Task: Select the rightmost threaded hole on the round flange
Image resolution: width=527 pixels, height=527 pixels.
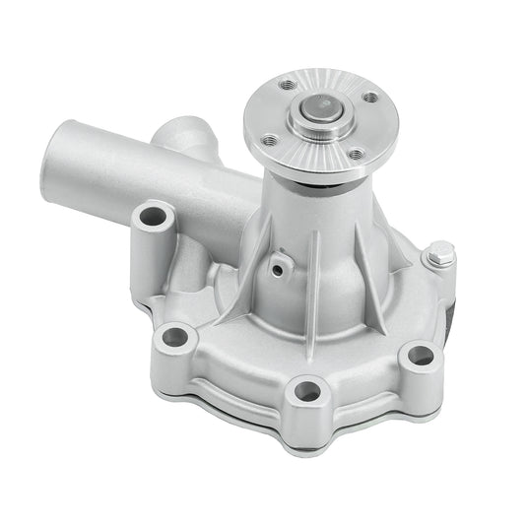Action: point(370,99)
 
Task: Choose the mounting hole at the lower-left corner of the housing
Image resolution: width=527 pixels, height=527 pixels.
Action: point(173,336)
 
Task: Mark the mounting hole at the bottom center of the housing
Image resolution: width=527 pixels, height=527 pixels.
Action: point(307,391)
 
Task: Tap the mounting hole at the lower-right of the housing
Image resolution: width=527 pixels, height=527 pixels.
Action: point(421,353)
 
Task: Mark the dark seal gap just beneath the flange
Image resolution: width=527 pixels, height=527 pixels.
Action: point(330,183)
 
